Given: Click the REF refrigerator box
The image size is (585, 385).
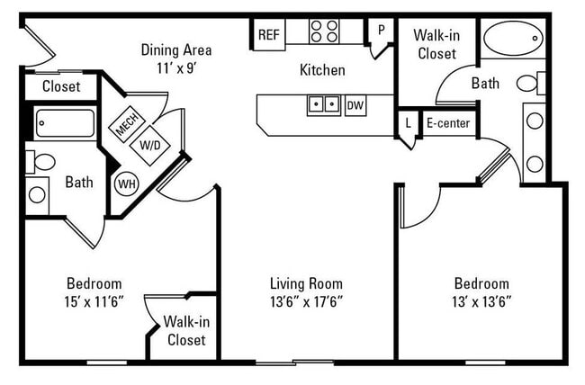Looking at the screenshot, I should point(268,35).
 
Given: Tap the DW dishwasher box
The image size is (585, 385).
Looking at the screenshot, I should point(355,105).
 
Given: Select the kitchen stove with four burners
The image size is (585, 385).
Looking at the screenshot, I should point(324,31).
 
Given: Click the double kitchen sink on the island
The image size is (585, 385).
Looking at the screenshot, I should point(324,105).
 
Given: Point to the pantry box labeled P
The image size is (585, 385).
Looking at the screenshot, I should point(381,31).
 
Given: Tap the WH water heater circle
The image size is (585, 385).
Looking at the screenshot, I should point(126,184).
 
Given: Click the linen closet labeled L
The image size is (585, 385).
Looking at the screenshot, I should point(408,122).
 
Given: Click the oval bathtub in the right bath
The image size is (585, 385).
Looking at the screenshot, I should point(513,40).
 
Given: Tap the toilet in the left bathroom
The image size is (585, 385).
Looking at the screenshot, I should point(41,162).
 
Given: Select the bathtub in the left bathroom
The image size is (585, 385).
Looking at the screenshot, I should point(64,123).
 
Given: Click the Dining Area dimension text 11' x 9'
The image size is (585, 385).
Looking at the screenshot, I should point(176,67).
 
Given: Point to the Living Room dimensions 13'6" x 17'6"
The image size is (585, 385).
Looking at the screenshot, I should point(307,300).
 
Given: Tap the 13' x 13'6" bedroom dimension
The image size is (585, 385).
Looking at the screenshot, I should point(481,300).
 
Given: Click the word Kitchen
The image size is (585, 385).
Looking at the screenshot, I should point(322,70).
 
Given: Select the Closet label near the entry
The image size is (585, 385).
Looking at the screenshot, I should point(60,87).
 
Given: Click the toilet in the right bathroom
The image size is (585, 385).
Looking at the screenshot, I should point(529,84).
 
